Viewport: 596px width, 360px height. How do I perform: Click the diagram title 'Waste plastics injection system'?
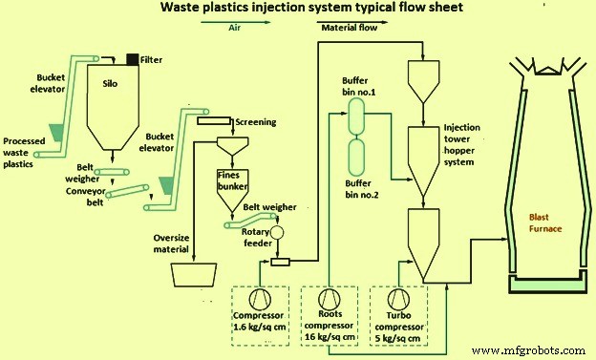[x=297, y=10]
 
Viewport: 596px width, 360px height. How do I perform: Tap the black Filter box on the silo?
[x=131, y=60]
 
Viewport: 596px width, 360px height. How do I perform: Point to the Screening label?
[x=255, y=122]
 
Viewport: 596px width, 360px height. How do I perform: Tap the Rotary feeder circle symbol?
[x=278, y=232]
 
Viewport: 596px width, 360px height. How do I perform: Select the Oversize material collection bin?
[x=199, y=274]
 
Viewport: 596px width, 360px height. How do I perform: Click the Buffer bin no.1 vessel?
[x=358, y=117]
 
